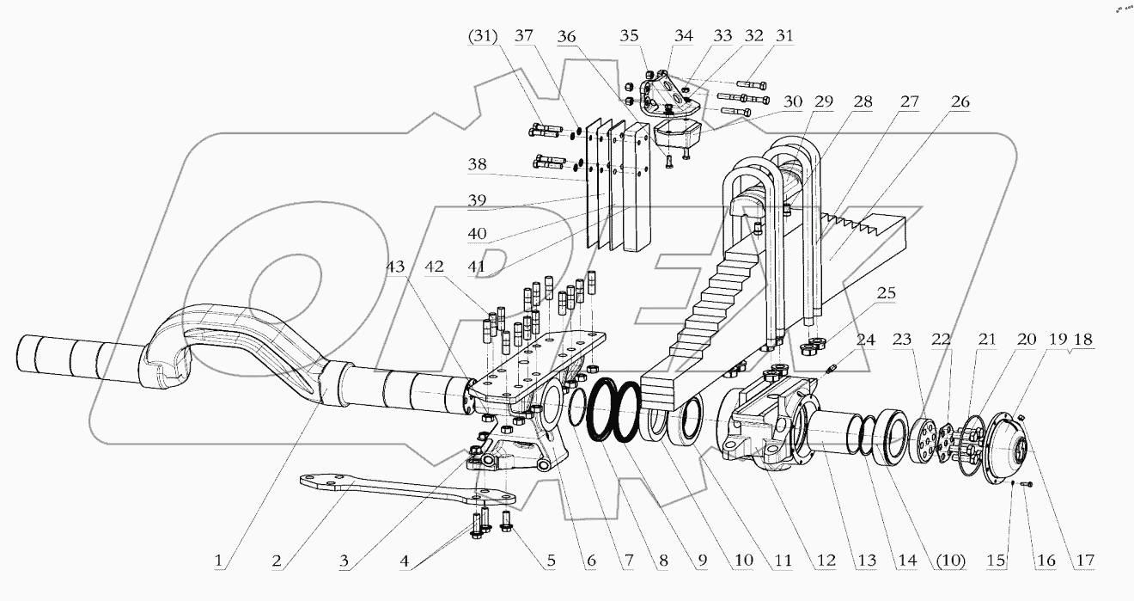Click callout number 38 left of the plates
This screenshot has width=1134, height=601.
click(479, 164)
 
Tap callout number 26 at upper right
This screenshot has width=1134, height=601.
click(960, 101)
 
